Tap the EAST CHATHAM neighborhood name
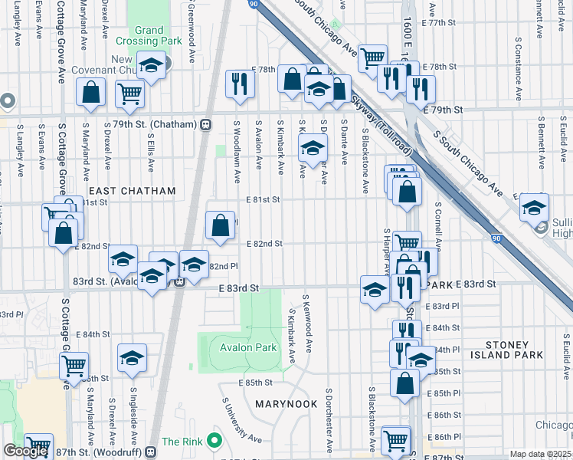pos(132,191)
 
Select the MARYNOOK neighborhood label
pos(281,403)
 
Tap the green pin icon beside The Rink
pos(214,441)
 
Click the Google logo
pos(25,451)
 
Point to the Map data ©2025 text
pos(541,454)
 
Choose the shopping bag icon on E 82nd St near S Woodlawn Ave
pos(221,225)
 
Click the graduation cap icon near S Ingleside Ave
pos(133,358)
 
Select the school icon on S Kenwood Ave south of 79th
pos(313,149)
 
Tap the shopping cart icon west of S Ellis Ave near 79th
pos(130,94)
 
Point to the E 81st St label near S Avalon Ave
pos(264,199)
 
